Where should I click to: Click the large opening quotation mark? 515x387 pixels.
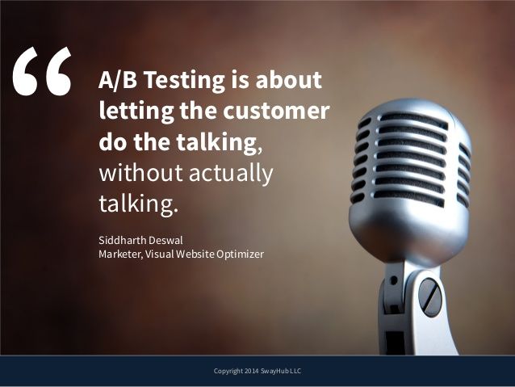point(42,74)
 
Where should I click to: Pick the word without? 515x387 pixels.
point(133,173)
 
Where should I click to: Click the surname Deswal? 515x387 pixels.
point(164,239)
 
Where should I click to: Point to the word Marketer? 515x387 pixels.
point(118,254)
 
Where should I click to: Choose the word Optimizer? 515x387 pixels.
point(243,254)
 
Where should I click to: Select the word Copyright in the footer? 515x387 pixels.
point(225,371)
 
